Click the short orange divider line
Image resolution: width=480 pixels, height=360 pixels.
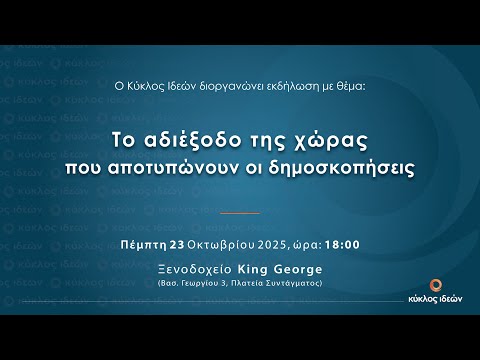(x=239, y=213)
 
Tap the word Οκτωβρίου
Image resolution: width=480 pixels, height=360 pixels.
(x=218, y=244)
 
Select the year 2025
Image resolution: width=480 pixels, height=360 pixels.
(x=270, y=244)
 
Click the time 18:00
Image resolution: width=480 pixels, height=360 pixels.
(x=342, y=244)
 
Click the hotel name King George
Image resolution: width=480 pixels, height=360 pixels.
(x=286, y=270)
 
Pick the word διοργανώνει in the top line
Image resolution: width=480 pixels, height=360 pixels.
(x=223, y=86)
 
